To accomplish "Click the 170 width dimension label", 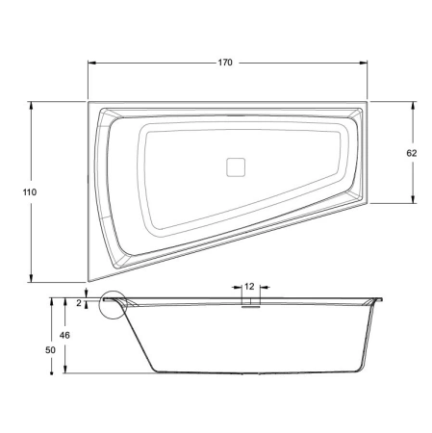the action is pyautogui.click(x=225, y=63).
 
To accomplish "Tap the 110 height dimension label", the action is pyautogui.click(x=30, y=192).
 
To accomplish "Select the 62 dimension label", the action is pyautogui.click(x=412, y=153).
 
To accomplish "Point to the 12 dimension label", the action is pyautogui.click(x=249, y=287).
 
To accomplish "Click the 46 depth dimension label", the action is pyautogui.click(x=64, y=335).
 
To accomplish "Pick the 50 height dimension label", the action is pyautogui.click(x=50, y=350).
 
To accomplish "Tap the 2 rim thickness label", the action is pyautogui.click(x=79, y=303).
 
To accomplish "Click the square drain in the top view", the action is pyautogui.click(x=236, y=167).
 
